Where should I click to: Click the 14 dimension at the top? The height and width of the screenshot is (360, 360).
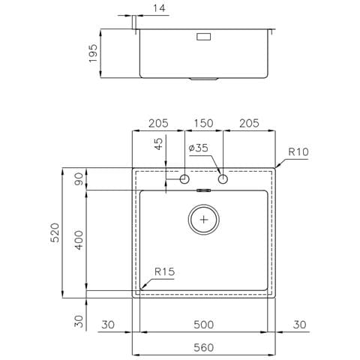[159, 8]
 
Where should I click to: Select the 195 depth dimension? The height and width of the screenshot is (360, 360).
[94, 53]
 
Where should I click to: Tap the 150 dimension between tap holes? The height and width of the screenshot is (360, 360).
[204, 123]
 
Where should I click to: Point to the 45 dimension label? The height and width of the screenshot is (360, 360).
[159, 144]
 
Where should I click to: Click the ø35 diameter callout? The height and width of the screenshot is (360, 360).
[199, 148]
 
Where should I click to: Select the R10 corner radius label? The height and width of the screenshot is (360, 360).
[298, 151]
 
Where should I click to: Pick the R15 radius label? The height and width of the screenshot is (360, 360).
[164, 271]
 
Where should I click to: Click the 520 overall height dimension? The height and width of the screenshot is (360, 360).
[55, 232]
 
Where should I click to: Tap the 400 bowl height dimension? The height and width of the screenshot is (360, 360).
[79, 240]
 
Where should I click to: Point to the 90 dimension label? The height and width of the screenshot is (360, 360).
[79, 178]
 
